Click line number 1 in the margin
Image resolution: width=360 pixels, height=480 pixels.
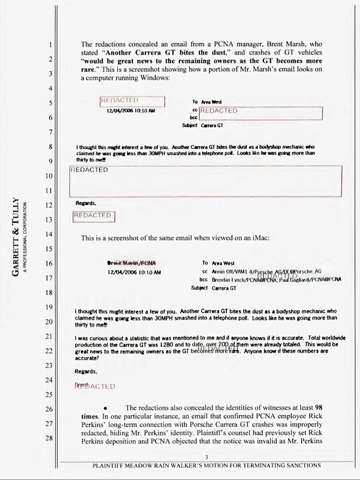point(51,44)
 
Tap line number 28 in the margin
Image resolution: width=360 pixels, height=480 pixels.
point(50,439)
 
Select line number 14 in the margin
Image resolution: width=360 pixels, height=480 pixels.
point(50,235)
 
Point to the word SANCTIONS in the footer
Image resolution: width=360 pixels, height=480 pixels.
point(301,465)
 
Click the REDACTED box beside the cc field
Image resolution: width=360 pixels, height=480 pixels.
point(261,112)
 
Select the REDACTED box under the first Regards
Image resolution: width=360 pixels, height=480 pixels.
point(94,216)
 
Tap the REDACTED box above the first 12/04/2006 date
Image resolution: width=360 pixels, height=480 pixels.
point(132,101)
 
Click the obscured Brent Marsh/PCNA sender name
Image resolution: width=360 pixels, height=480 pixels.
point(131,264)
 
